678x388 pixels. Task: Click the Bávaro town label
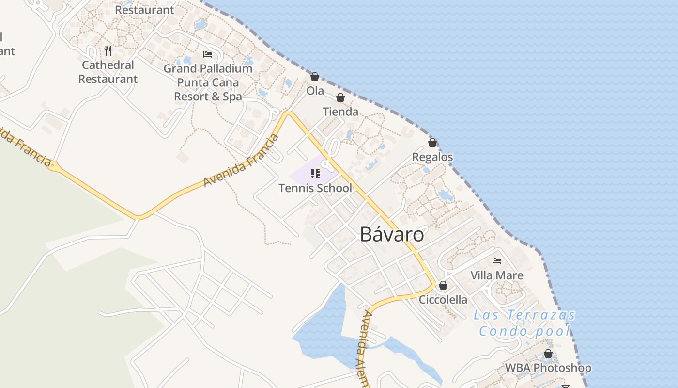click(392, 235)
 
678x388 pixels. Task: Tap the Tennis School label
click(315, 188)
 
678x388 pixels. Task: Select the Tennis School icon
click(315, 174)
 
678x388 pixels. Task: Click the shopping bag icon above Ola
click(315, 77)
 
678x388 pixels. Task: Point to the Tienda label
click(340, 112)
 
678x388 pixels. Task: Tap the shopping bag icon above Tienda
click(340, 98)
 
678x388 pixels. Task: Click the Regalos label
click(432, 157)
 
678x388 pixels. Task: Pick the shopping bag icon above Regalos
click(432, 143)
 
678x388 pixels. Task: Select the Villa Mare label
click(497, 275)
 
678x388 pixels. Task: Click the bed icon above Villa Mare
click(497, 261)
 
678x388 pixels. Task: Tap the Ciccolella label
click(443, 300)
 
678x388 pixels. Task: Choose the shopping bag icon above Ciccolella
click(443, 285)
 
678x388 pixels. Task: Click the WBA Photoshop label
click(548, 368)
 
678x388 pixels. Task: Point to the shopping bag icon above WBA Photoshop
click(548, 354)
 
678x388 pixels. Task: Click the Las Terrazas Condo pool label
click(524, 323)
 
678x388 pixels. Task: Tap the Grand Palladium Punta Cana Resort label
click(208, 82)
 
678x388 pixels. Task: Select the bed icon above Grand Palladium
click(208, 54)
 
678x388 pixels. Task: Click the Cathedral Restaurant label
click(108, 72)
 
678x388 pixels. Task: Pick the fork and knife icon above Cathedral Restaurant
click(108, 50)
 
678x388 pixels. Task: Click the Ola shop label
click(315, 91)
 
